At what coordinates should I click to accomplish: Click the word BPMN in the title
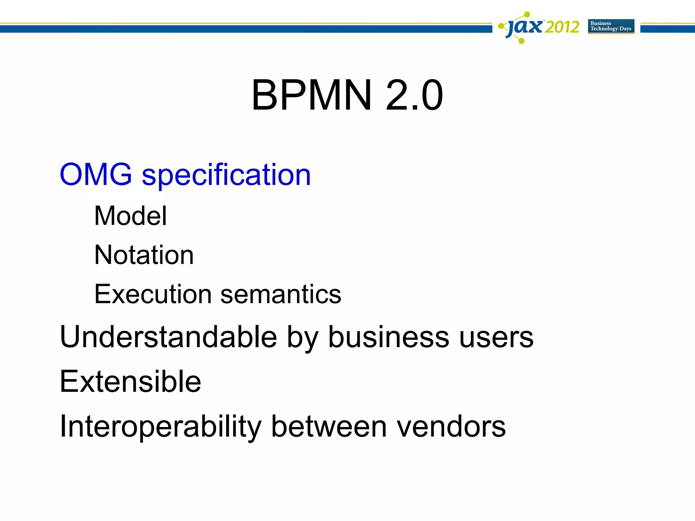pos(312,95)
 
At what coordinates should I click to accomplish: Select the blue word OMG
pos(96,174)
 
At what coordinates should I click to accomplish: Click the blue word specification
pos(226,176)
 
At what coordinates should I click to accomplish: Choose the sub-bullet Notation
pos(144,255)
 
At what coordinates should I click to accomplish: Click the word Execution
pos(153,294)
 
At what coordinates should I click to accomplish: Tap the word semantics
pos(281,294)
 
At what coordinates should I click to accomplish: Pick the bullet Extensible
pos(130,382)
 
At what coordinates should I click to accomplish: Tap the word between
pos(329,426)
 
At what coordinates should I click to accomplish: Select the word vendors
pos(451,426)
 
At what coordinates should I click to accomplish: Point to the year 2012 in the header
pos(562,27)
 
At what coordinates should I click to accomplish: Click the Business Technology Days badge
pos(611,26)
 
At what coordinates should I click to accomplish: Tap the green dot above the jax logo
pos(527,14)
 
